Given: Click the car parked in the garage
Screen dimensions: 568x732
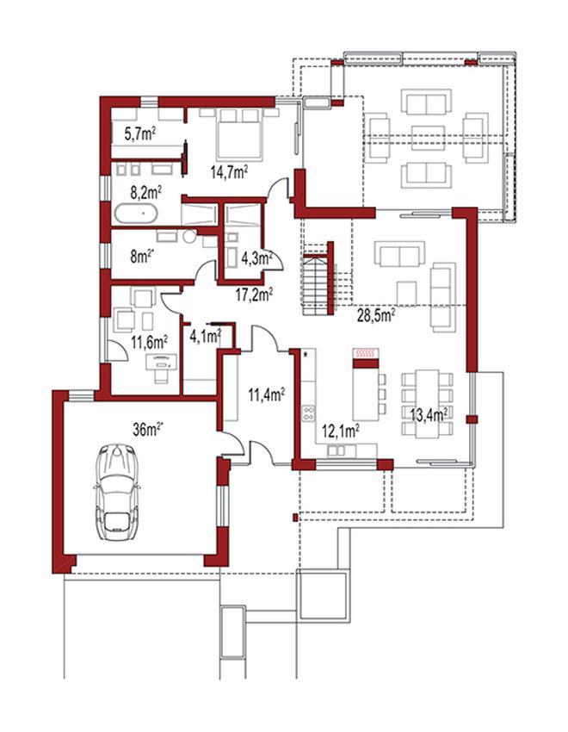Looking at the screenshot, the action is pyautogui.click(x=116, y=492).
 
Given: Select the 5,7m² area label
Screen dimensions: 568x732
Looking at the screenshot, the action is pyautogui.click(x=140, y=134).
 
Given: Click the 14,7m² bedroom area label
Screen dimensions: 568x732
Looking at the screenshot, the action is pyautogui.click(x=229, y=172).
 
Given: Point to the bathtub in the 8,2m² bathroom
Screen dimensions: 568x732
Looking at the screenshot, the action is pyautogui.click(x=136, y=214).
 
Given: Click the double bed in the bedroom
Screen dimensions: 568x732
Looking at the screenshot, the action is pyautogui.click(x=238, y=133).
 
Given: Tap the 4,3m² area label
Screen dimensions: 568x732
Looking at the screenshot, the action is pyautogui.click(x=256, y=257).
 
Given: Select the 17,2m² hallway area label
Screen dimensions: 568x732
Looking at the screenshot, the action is pyautogui.click(x=254, y=295).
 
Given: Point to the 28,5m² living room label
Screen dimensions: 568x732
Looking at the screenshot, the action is pyautogui.click(x=376, y=315).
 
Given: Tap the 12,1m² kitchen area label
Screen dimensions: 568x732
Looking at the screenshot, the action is pyautogui.click(x=340, y=431).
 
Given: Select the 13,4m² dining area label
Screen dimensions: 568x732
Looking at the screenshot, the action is pyautogui.click(x=429, y=414).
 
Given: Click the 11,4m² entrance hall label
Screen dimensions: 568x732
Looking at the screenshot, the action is pyautogui.click(x=267, y=394).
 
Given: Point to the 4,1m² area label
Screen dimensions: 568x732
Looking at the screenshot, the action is pyautogui.click(x=205, y=335).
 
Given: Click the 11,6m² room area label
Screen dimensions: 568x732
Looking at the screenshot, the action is pyautogui.click(x=149, y=344).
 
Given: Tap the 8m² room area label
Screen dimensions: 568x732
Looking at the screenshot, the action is pyautogui.click(x=142, y=257).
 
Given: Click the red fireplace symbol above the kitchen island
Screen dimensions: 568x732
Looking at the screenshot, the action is pyautogui.click(x=366, y=354).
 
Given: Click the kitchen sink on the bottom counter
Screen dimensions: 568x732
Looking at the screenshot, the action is pyautogui.click(x=336, y=450).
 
